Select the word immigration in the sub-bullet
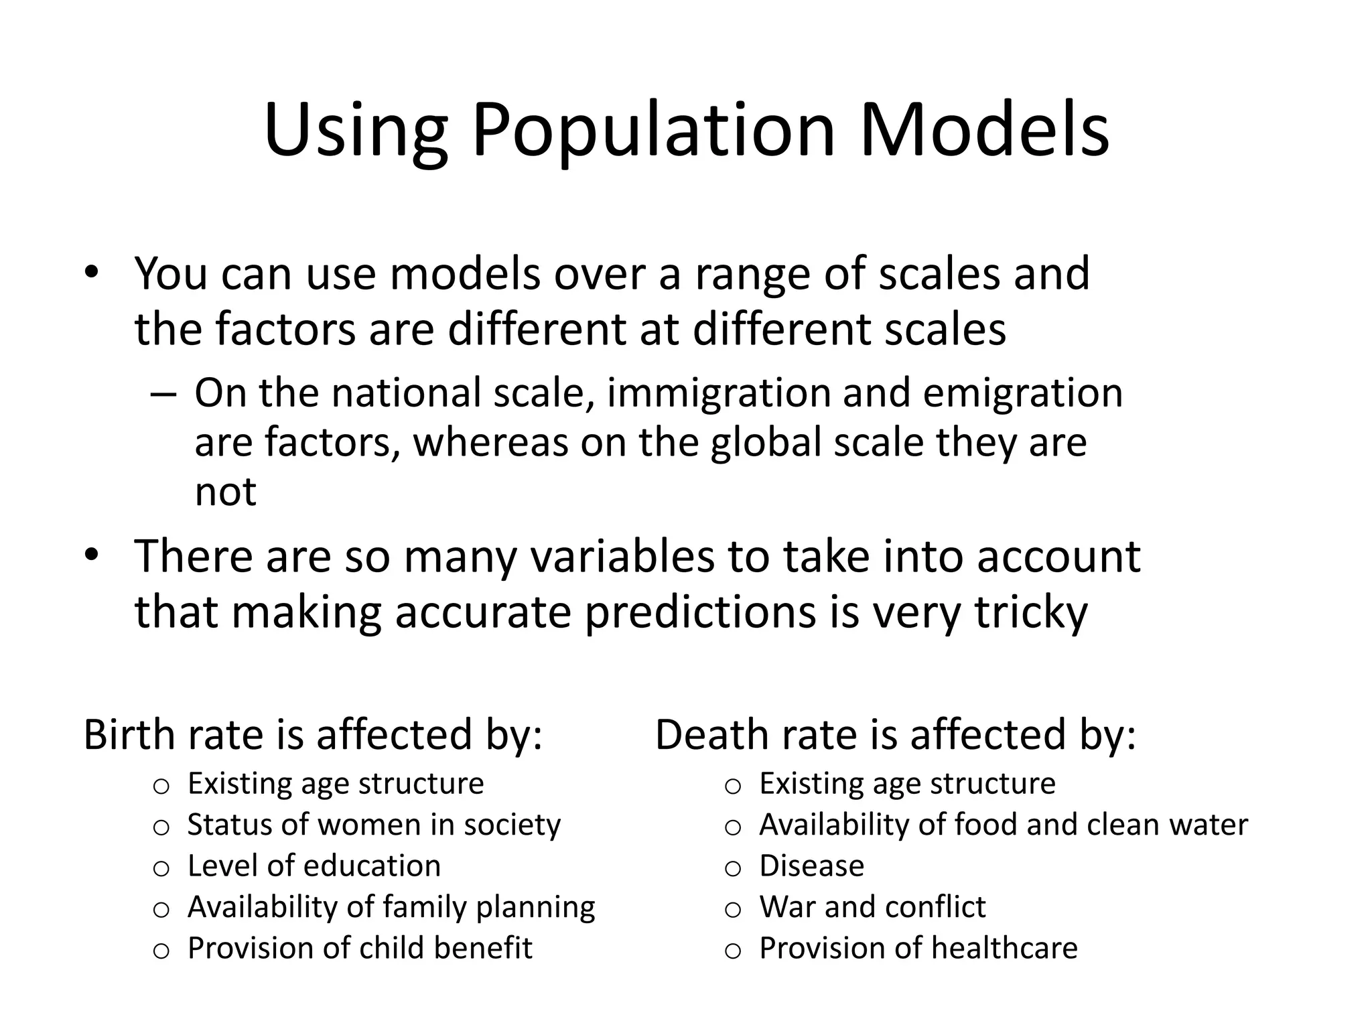click(719, 393)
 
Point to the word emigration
click(1023, 393)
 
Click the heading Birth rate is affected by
click(313, 734)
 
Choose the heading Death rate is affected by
click(896, 734)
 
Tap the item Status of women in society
click(374, 825)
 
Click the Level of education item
click(314, 866)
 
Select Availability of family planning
click(391, 907)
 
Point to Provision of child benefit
click(360, 948)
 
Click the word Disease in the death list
click(811, 866)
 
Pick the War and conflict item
click(872, 907)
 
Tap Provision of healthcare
click(918, 948)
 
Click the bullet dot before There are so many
click(92, 555)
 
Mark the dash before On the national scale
click(163, 394)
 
